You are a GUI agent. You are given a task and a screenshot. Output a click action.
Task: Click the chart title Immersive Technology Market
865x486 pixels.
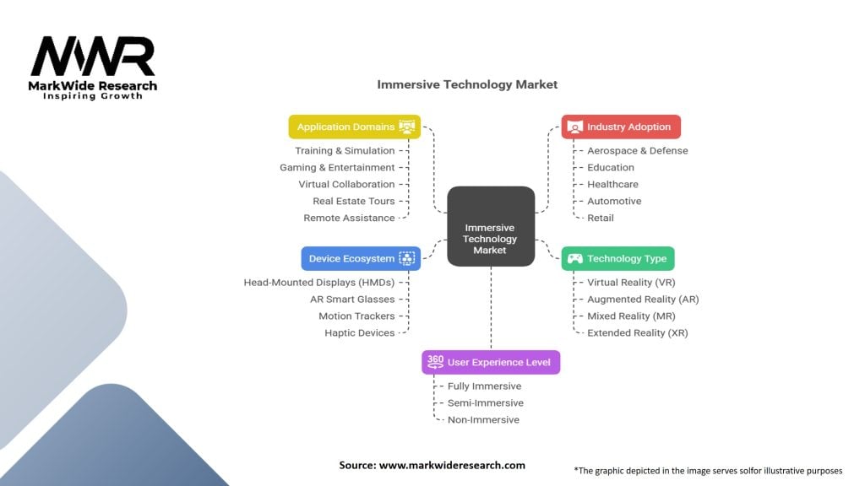[x=466, y=84]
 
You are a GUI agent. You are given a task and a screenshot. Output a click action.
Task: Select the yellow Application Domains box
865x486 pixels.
[x=355, y=127]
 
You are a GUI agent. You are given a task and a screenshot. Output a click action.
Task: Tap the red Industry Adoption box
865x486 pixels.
[x=621, y=127]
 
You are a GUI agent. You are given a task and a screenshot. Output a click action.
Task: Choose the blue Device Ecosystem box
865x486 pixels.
[x=360, y=258]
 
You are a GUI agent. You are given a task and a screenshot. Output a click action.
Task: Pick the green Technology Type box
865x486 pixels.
[x=617, y=258]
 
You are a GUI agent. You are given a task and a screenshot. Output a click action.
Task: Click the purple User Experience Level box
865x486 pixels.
[x=491, y=362]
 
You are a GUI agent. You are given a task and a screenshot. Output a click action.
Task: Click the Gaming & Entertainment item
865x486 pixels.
[x=337, y=167]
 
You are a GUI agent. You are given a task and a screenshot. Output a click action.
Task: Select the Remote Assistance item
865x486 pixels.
[x=349, y=218]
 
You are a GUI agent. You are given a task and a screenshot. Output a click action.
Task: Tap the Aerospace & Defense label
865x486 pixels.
[x=637, y=150]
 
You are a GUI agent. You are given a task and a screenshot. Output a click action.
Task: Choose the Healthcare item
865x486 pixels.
[x=612, y=184]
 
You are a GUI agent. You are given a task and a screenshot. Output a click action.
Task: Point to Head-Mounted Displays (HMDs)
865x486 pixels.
[x=319, y=282]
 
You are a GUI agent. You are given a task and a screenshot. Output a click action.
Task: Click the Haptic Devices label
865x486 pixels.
[x=359, y=332]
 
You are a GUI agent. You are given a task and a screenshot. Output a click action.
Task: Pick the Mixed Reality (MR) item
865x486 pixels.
[x=630, y=316]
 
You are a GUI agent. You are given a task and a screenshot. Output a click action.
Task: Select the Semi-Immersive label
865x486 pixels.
[x=485, y=402]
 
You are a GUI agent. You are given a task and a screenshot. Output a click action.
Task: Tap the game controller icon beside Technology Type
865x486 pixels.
[x=574, y=258]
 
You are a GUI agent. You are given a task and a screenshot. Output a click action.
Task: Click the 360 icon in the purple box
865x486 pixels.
[x=435, y=361]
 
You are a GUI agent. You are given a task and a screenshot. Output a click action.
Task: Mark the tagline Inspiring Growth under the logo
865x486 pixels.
[x=93, y=96]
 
